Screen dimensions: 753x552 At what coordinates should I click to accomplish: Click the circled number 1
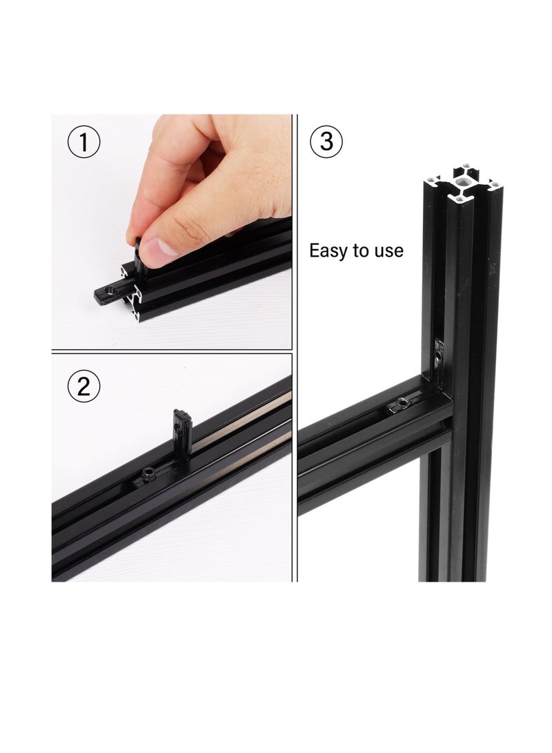(x=84, y=143)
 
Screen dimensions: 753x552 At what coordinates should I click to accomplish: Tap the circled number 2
(x=84, y=387)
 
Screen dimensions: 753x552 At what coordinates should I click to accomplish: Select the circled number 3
(x=327, y=141)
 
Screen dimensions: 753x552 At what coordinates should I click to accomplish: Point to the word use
(x=389, y=251)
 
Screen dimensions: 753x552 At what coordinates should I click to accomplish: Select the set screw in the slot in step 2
(x=150, y=474)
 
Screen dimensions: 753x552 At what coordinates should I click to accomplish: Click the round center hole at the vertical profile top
(x=461, y=182)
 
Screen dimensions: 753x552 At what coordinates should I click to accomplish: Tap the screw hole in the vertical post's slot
(x=439, y=353)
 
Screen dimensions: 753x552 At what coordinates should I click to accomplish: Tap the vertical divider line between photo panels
(x=295, y=345)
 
